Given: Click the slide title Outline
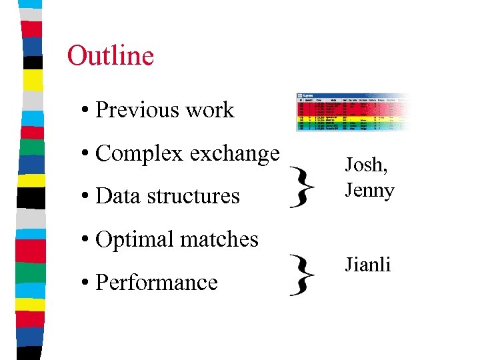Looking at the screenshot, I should tap(111, 56).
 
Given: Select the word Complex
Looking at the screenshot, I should tap(139, 154).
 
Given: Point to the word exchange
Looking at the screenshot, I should tap(234, 154).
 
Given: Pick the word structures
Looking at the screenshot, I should tap(194, 196).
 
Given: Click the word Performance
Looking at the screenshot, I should tap(157, 283).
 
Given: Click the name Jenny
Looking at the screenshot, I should tap(369, 191).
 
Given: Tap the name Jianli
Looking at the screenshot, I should tap(367, 265).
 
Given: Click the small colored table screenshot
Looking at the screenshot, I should tap(350, 112).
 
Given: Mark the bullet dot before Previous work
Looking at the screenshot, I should tap(86, 111).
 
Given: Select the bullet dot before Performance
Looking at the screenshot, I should tap(86, 283).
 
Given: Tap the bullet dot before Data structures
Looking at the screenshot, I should tap(86, 197).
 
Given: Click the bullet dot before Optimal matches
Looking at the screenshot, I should tap(86, 240).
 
